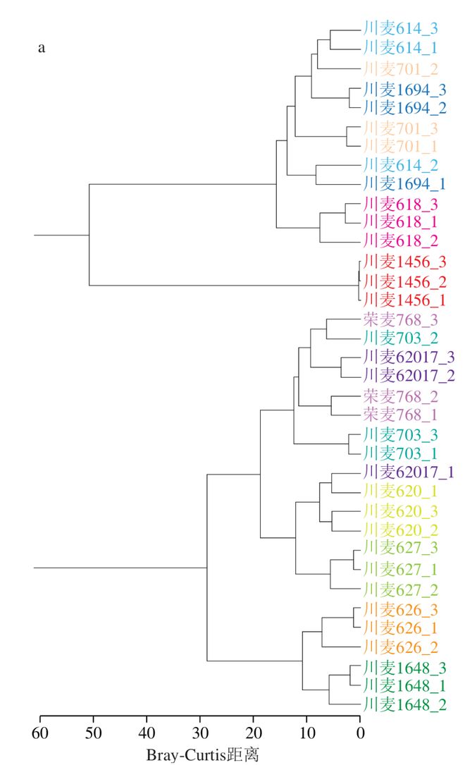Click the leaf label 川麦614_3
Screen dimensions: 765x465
point(401,29)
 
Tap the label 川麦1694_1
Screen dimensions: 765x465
point(404,185)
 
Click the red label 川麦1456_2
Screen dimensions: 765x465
point(404,282)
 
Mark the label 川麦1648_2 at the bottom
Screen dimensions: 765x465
point(404,704)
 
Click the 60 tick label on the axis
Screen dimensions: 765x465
point(40,733)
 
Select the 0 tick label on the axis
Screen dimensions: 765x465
point(360,733)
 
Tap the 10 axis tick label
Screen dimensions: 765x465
point(306,733)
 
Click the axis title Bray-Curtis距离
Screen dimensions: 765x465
point(203,755)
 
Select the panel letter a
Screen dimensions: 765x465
point(42,49)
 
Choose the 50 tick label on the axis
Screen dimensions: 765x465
point(94,733)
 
